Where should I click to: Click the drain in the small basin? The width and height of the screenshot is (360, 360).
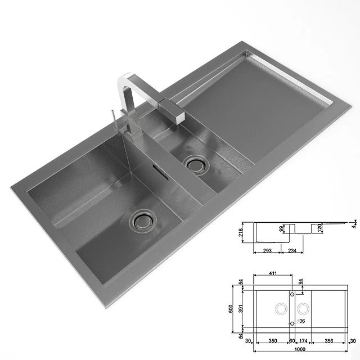click(x=196, y=165)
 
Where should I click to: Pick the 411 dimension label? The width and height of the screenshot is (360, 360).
click(x=273, y=273)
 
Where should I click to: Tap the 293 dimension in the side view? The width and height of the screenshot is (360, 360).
click(x=267, y=251)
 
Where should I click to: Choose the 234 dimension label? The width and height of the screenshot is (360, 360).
click(x=292, y=251)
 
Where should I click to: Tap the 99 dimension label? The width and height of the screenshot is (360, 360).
click(x=283, y=228)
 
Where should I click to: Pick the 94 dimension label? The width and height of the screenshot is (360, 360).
click(x=300, y=281)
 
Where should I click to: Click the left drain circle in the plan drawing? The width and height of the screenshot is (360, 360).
click(x=280, y=308)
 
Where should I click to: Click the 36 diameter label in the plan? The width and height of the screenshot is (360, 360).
click(x=301, y=322)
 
